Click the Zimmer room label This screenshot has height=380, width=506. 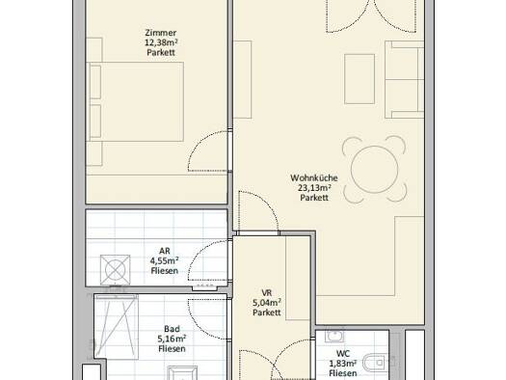161,33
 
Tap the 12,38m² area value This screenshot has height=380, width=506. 161,42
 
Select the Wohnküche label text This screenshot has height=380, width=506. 314,177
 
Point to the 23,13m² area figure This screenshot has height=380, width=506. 315,187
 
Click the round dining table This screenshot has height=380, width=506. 374,170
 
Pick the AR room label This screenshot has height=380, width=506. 165,251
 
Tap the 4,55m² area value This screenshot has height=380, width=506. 165,260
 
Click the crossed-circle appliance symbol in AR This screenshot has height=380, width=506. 116,270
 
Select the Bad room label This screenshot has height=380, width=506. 172,329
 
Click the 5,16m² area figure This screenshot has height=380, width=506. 172,339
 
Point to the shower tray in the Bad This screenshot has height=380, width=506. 117,326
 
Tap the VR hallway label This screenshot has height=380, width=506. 267,293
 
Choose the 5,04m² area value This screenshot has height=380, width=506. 267,303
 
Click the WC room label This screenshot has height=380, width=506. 343,354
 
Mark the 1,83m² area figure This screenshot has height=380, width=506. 343,364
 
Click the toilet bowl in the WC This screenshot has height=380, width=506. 374,363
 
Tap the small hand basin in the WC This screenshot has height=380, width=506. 334,336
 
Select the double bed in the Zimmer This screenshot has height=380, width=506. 136,101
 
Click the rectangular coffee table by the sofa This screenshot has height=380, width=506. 360,79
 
